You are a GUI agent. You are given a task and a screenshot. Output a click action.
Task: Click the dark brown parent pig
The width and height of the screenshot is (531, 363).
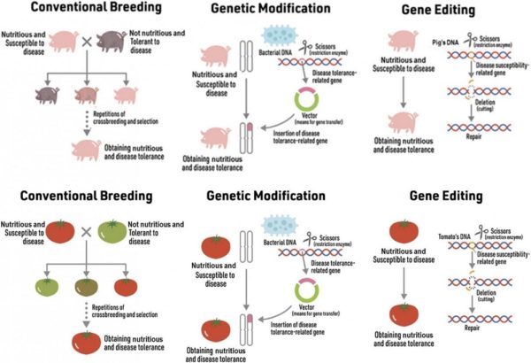[x=112, y=41]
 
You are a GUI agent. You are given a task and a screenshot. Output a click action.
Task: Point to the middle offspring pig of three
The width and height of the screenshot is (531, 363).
[x=86, y=95]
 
